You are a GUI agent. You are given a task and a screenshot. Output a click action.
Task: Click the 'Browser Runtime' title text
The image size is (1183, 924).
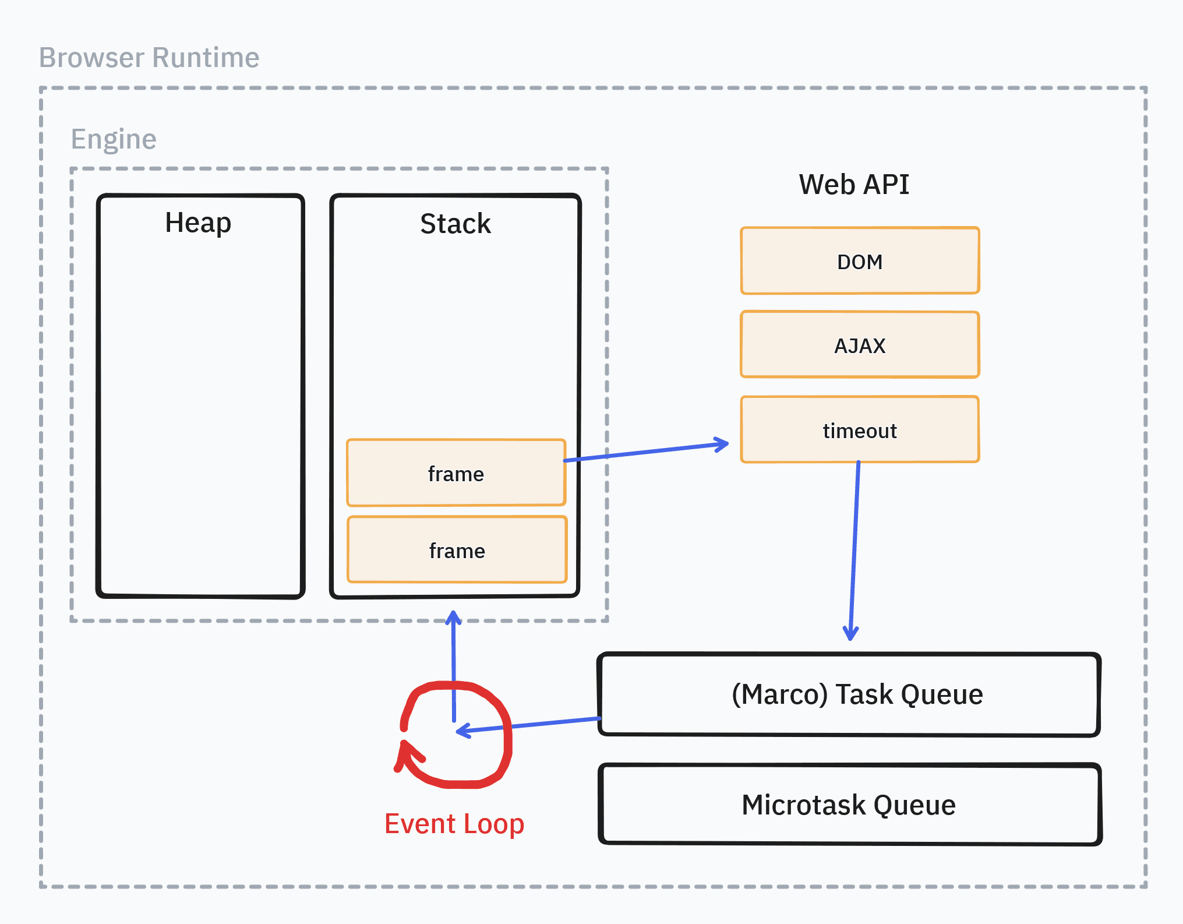point(149,58)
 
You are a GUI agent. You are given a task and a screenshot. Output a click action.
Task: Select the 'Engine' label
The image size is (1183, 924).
point(114,140)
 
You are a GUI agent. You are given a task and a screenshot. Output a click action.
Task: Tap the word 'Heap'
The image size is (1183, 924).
point(198,223)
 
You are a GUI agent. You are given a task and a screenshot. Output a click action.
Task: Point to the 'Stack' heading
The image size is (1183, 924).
point(455,224)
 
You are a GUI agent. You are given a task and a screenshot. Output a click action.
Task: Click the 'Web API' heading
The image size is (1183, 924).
point(854,185)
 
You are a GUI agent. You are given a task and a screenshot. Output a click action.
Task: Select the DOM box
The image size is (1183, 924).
point(860,260)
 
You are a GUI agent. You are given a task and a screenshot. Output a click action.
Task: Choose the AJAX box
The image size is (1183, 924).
point(860,344)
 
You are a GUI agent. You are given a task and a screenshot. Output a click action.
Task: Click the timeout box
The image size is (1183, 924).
point(860,429)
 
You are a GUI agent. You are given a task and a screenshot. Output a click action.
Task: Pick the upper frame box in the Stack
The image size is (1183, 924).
point(456,472)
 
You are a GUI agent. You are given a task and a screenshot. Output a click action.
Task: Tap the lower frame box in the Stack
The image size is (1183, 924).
point(457,549)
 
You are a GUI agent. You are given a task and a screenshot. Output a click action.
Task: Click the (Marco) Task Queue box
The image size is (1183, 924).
point(849,694)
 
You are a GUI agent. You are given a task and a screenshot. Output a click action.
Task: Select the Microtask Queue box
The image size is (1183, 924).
point(850,805)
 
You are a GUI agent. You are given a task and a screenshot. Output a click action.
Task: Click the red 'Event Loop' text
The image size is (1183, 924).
point(454,824)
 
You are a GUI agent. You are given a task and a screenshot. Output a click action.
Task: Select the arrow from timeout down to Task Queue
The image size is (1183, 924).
point(854,551)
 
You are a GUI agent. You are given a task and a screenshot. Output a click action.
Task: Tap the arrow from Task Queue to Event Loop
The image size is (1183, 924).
point(528,725)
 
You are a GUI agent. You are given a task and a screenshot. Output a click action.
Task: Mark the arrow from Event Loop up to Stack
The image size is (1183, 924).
point(454,666)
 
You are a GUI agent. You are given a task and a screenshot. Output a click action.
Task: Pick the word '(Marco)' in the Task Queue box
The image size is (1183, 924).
point(779,694)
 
